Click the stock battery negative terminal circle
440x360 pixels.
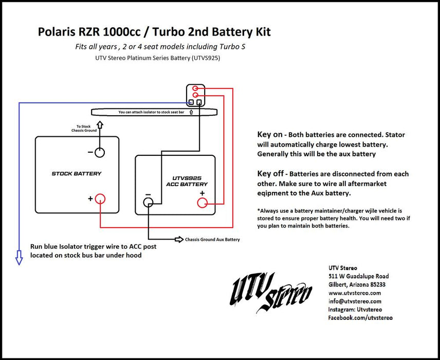click(100, 152)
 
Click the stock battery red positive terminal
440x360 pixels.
click(101, 199)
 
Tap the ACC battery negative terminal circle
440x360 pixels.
click(149, 203)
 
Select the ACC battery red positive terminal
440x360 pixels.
click(203, 203)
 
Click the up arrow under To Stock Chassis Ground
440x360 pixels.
click(100, 124)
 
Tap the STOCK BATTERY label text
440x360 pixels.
click(77, 174)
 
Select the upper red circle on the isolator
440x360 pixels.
click(196, 88)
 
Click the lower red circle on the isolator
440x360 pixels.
click(196, 95)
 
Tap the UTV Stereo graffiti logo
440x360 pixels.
click(271, 292)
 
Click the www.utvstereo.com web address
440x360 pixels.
click(355, 293)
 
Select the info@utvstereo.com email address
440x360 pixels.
click(355, 301)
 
